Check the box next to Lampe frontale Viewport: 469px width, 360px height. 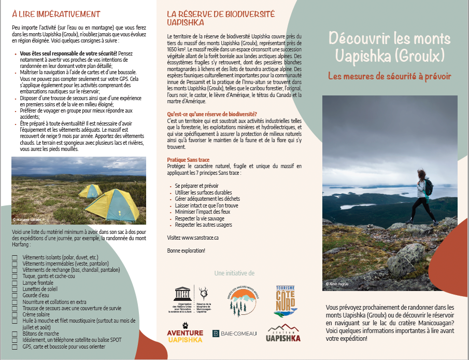pos(15,283)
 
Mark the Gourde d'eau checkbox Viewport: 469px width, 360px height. pos(15,296)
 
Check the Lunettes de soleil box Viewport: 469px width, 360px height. pos(15,289)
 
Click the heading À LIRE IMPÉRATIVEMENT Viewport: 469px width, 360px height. pos(56,14)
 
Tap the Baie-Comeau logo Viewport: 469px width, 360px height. pos(235,333)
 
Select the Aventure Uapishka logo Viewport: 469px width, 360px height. pos(185,335)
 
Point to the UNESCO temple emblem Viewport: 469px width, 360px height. pos(182,294)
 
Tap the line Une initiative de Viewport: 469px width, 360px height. pos(234,273)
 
